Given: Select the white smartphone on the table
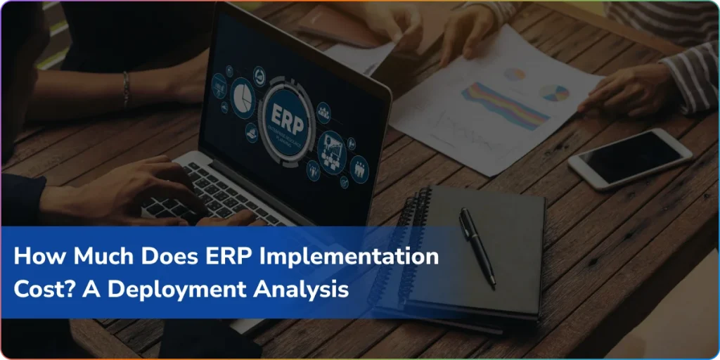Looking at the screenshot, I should pos(630,157).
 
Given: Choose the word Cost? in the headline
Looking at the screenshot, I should pos(43,289).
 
